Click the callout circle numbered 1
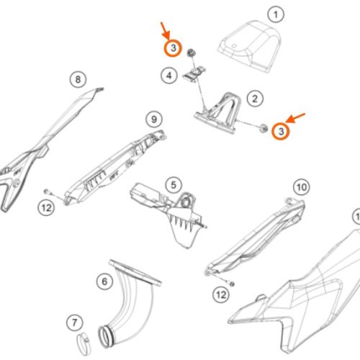(x=276, y=14)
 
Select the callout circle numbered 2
(x=255, y=99)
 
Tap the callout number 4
(x=169, y=76)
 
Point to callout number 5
(x=174, y=185)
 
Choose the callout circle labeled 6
(x=104, y=282)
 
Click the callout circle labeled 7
(x=75, y=323)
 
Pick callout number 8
(x=78, y=79)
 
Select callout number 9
(x=154, y=120)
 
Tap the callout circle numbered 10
(x=302, y=187)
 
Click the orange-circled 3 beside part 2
(x=281, y=131)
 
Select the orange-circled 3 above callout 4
(x=173, y=48)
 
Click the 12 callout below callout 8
(x=46, y=207)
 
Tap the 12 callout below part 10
(x=221, y=294)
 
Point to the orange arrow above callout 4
(x=166, y=31)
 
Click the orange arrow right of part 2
(x=295, y=117)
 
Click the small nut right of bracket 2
(x=264, y=128)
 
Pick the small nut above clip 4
(x=192, y=53)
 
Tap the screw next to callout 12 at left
(x=48, y=192)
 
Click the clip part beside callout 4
(x=194, y=73)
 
